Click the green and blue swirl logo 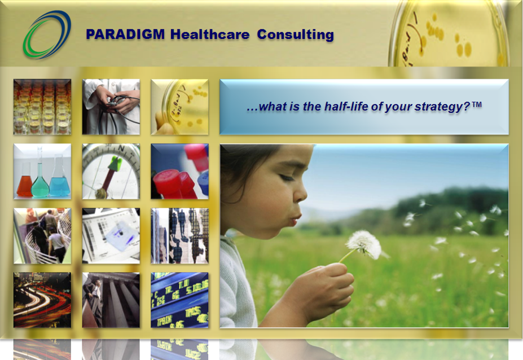click(46, 34)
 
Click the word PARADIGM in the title click(125, 34)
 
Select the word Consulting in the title click(295, 34)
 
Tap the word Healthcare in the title click(209, 34)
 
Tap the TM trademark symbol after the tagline click(477, 104)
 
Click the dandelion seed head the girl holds click(363, 244)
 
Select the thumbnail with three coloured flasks click(42, 172)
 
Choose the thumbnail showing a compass click(111, 172)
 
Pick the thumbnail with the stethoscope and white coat click(111, 107)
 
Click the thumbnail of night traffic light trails click(42, 300)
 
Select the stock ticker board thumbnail click(179, 300)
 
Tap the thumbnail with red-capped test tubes click(179, 172)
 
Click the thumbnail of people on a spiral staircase click(42, 236)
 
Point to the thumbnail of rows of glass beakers click(42, 107)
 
